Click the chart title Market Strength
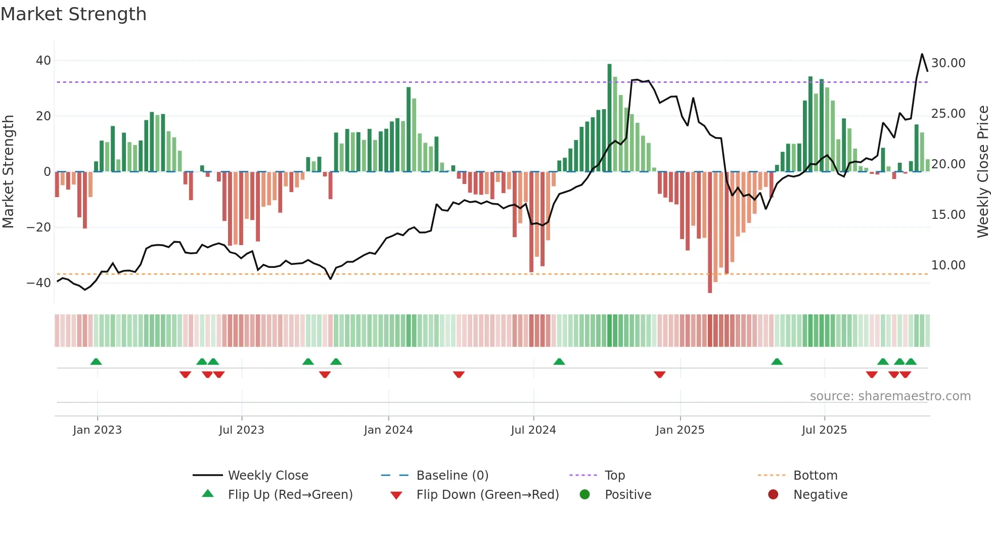(x=73, y=14)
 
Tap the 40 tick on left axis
(x=43, y=61)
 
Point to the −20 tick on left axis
(x=39, y=227)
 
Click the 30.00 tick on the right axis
(x=948, y=63)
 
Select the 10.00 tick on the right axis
(x=948, y=265)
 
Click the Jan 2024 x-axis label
(x=388, y=430)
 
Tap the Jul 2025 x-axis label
(x=824, y=430)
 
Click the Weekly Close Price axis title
(x=982, y=172)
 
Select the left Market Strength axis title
(x=8, y=172)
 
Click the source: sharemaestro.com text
(x=890, y=396)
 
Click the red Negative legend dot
(x=773, y=494)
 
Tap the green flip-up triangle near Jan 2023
(x=96, y=361)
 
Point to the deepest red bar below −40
(x=710, y=233)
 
